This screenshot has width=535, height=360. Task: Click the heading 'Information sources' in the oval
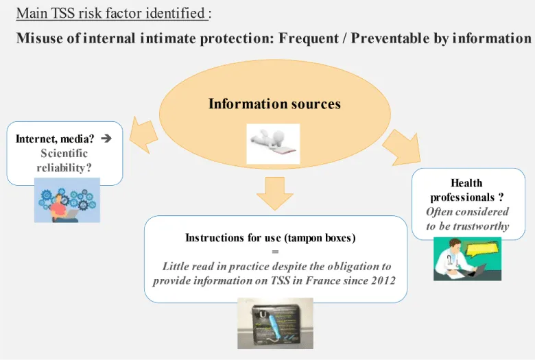point(274,104)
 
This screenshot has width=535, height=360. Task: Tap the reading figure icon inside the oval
point(273,143)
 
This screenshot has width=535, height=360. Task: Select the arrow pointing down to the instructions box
point(274,193)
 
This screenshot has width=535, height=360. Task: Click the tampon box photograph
point(274,323)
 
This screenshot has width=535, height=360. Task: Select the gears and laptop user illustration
point(67,200)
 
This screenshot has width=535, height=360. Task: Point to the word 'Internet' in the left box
point(37,139)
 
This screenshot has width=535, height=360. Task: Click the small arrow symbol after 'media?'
point(106,138)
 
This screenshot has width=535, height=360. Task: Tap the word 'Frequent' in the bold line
point(308,38)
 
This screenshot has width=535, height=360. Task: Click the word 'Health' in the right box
point(467,182)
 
